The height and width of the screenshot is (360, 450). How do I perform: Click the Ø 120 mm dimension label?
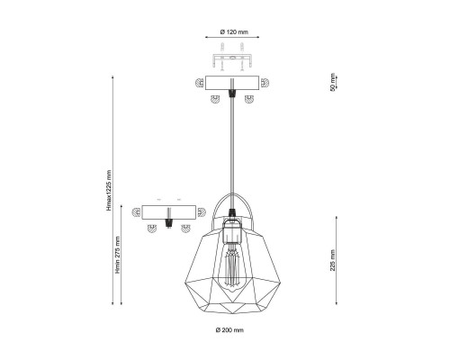click(x=234, y=31)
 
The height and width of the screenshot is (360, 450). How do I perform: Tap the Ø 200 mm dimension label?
click(x=229, y=330)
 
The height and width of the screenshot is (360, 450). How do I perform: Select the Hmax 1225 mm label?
click(x=109, y=191)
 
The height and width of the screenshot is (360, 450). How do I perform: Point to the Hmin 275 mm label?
click(x=118, y=255)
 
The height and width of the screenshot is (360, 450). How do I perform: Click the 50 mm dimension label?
click(x=332, y=82)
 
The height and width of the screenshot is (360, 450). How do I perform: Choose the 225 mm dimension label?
click(x=332, y=260)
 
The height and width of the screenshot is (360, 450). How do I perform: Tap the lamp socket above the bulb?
click(x=231, y=230)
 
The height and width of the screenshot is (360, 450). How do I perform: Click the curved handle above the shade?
click(x=231, y=195)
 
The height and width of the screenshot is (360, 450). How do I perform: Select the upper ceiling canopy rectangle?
click(x=232, y=83)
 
